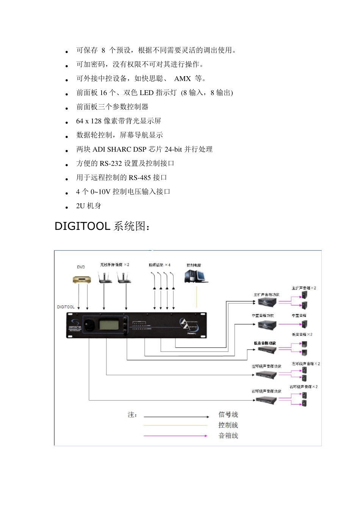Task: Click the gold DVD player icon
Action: click(x=82, y=280)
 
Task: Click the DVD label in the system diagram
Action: click(x=81, y=267)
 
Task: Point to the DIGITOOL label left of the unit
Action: click(x=66, y=307)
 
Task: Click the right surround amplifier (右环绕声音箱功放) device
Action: click(x=266, y=400)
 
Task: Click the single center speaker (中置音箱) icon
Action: click(x=304, y=324)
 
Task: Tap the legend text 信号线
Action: click(x=228, y=415)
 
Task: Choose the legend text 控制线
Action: click(x=228, y=425)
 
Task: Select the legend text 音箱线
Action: click(x=228, y=436)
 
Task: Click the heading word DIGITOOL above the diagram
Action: click(x=82, y=226)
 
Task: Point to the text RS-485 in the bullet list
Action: click(x=140, y=178)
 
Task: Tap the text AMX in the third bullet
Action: click(x=182, y=79)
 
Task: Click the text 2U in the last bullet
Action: click(x=80, y=206)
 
